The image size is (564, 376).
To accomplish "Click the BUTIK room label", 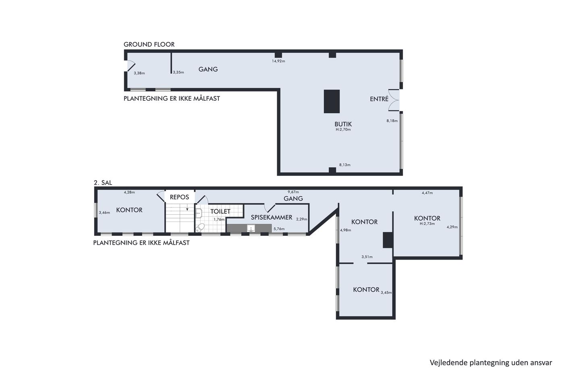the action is [343, 124].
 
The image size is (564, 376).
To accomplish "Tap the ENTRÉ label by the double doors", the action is [379, 99].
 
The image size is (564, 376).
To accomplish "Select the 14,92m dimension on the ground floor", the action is [278, 61].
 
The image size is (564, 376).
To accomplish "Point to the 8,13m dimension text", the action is [345, 165].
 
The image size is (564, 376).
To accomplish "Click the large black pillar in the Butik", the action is [332, 101].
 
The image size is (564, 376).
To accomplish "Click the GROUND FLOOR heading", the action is [149, 44].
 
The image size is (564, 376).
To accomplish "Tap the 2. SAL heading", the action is [103, 183].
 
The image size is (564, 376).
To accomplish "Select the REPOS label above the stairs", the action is [179, 197].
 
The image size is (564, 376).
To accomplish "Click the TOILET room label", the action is [220, 211].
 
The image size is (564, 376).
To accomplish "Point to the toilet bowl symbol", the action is [200, 227].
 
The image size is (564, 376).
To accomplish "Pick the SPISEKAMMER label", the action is [272, 217].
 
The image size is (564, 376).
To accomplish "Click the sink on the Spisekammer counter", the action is [251, 228].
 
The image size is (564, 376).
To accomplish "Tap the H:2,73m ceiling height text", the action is [427, 223].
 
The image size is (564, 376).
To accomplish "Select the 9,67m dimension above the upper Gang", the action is [293, 192].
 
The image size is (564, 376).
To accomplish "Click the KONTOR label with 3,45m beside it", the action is [366, 289].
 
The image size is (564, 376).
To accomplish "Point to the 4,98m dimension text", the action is [346, 230].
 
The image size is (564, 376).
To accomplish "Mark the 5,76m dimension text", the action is [279, 229].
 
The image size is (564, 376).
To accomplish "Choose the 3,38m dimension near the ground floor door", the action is [139, 73].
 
